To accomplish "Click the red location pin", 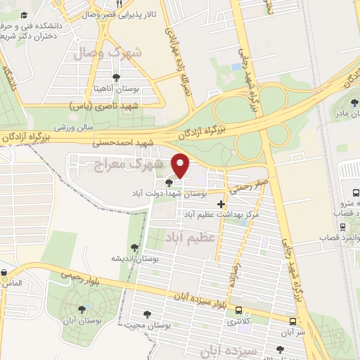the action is pos(181,165).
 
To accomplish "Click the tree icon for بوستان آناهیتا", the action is pos(116,77).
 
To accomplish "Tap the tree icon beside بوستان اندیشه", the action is pos(134,247).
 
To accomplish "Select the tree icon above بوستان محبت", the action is pos(147,314).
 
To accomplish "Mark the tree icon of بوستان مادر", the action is pos(354,103).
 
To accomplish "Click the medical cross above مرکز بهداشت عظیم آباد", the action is pos(221,204).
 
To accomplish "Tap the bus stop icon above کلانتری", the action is pos(239,310).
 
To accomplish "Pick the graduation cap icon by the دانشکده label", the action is pos(24,15).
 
